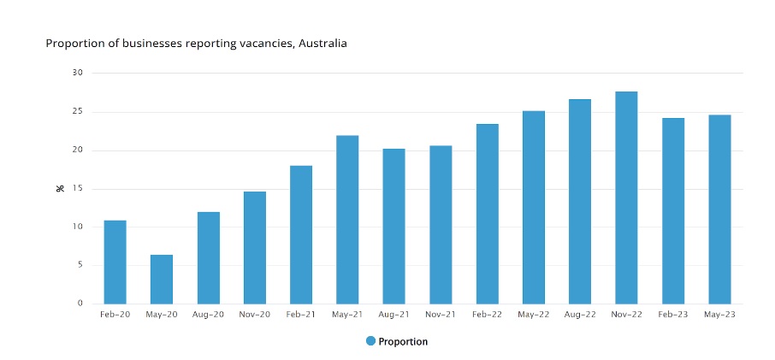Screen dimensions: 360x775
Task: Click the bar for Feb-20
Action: [115, 262]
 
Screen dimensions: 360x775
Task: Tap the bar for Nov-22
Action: [626, 198]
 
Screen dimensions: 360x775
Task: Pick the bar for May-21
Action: [347, 219]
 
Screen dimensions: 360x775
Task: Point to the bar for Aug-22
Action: [580, 201]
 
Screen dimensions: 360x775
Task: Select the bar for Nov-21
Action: [441, 224]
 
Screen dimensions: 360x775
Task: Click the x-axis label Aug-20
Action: [208, 315]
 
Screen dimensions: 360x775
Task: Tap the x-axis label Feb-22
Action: [487, 315]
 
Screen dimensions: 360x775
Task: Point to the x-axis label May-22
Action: [534, 315]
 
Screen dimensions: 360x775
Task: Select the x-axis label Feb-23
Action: [673, 315]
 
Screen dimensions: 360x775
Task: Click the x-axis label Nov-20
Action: [254, 315]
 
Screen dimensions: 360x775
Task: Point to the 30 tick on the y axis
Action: [77, 74]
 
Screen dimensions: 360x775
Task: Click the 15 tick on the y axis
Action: [77, 189]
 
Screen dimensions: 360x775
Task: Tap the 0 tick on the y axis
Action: [80, 304]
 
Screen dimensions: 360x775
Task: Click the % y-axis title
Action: [60, 187]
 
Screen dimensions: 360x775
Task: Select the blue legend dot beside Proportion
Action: [370, 341]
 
